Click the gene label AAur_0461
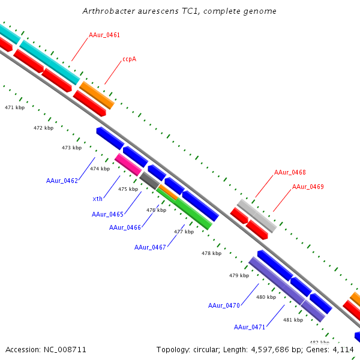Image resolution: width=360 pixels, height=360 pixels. (104, 35)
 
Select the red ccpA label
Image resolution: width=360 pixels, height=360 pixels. (129, 59)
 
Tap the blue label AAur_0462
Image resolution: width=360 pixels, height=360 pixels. (62, 181)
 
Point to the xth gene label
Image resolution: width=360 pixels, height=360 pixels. (97, 199)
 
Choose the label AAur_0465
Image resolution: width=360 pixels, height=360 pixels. (107, 214)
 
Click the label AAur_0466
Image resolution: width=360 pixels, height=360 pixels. (125, 227)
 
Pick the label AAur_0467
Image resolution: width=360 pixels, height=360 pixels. (150, 247)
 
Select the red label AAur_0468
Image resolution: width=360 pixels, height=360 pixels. (290, 173)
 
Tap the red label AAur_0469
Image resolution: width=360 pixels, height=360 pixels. (308, 187)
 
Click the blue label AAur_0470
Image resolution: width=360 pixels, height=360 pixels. (224, 305)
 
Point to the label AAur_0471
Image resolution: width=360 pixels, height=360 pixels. (250, 327)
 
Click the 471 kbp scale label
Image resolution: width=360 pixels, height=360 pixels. (15, 107)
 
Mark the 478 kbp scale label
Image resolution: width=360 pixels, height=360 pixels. (211, 253)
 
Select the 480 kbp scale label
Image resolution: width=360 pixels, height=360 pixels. (266, 297)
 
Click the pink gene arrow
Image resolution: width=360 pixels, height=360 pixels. (128, 164)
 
